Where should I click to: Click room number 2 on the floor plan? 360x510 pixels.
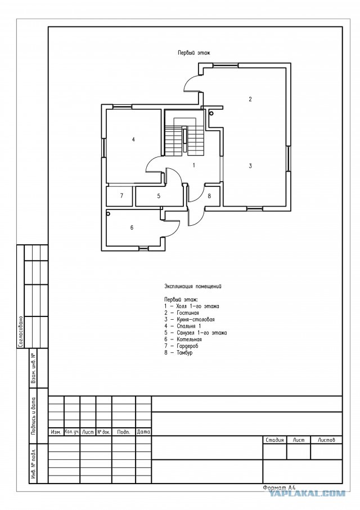[x=250, y=99]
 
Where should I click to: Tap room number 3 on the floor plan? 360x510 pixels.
[x=250, y=166]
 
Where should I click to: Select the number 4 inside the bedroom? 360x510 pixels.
[x=133, y=140]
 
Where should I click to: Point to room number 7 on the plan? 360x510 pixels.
[x=121, y=196]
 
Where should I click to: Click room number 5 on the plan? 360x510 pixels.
[x=159, y=196]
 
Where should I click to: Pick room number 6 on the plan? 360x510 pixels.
[x=132, y=227]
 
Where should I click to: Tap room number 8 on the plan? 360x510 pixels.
[x=209, y=196]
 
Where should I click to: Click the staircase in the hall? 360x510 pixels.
[x=184, y=137]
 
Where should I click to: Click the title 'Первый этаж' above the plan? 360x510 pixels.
[x=193, y=52]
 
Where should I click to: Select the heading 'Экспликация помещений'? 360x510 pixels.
[x=193, y=287]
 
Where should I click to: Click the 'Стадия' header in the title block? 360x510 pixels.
[x=274, y=440]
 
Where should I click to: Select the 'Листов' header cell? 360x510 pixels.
[x=326, y=440]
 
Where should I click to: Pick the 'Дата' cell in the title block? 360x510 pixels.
[x=143, y=432]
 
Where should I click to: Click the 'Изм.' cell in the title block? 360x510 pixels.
[x=56, y=432]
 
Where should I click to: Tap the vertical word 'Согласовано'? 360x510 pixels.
[x=20, y=332]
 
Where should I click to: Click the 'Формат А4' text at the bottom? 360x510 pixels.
[x=279, y=488]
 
